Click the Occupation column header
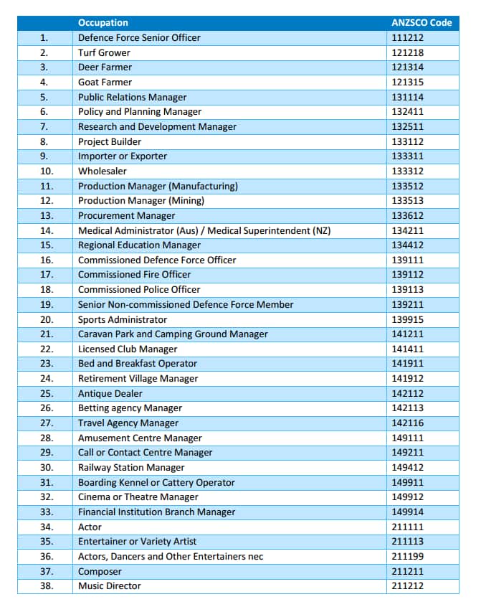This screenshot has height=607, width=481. [x=103, y=22]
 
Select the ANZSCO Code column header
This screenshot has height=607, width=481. [x=422, y=22]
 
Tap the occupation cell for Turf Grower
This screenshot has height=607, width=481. [x=105, y=52]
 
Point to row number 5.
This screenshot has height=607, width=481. [x=44, y=97]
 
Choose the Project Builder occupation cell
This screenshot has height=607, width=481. [x=110, y=141]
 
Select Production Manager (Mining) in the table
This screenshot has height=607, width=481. [x=141, y=201]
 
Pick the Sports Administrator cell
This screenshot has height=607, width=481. [x=123, y=319]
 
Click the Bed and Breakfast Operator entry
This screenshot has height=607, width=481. [x=138, y=364]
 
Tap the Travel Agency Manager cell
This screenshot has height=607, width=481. [x=128, y=423]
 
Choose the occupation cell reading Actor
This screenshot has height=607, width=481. [x=90, y=527]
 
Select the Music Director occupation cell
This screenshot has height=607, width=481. [x=110, y=586]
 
